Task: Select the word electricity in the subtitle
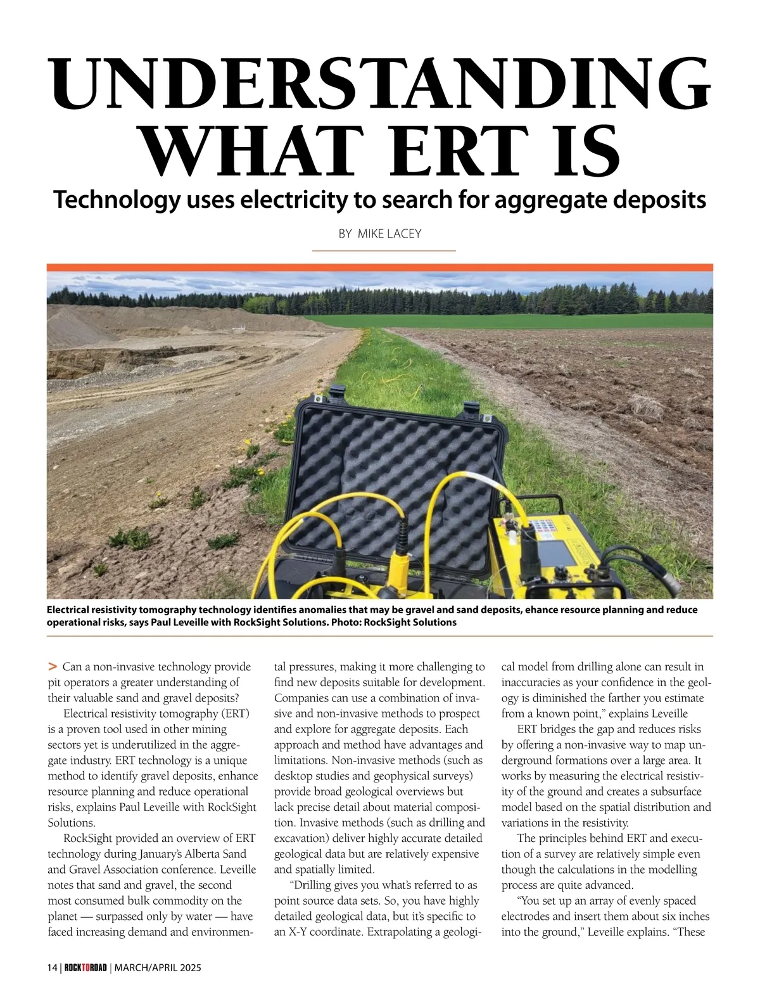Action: [x=294, y=200]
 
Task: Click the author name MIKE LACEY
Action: [x=389, y=234]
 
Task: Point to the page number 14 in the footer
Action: [x=52, y=967]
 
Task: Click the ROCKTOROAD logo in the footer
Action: [x=85, y=967]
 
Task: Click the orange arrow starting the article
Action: [x=53, y=667]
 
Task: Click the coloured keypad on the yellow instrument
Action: [x=543, y=526]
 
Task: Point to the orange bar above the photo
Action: [x=380, y=267]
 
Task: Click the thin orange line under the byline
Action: [x=384, y=251]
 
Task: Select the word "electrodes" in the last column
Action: [x=525, y=916]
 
